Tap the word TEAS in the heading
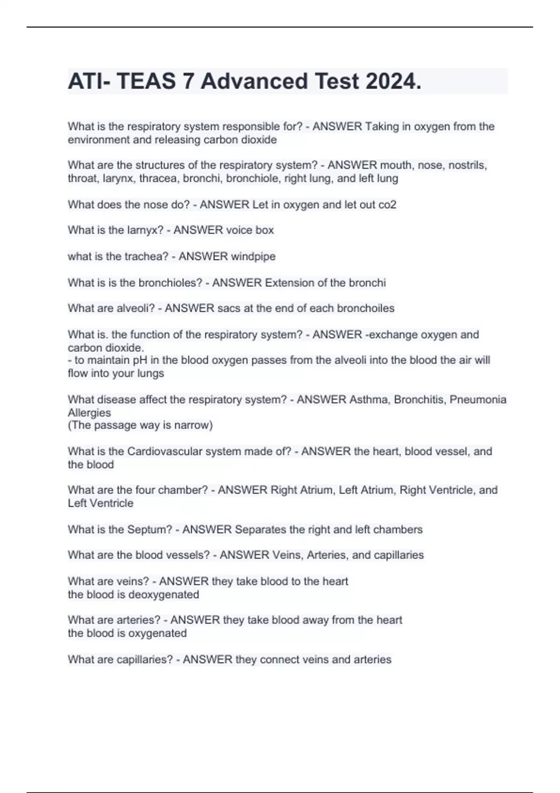pyautogui.click(x=146, y=81)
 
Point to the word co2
pyautogui.click(x=387, y=204)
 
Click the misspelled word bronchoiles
pyautogui.click(x=365, y=308)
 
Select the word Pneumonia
pyautogui.click(x=478, y=399)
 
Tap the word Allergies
pyautogui.click(x=89, y=413)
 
